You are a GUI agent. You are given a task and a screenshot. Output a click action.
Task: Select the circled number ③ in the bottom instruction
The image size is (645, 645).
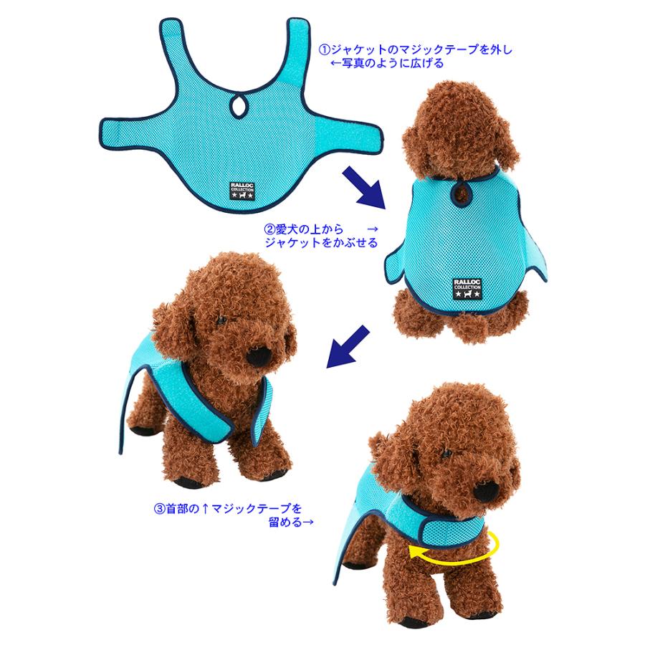159,510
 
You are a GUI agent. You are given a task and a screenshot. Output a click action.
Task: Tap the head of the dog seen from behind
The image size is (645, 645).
459,129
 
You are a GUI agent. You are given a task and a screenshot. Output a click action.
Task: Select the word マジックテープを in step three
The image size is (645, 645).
248,510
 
